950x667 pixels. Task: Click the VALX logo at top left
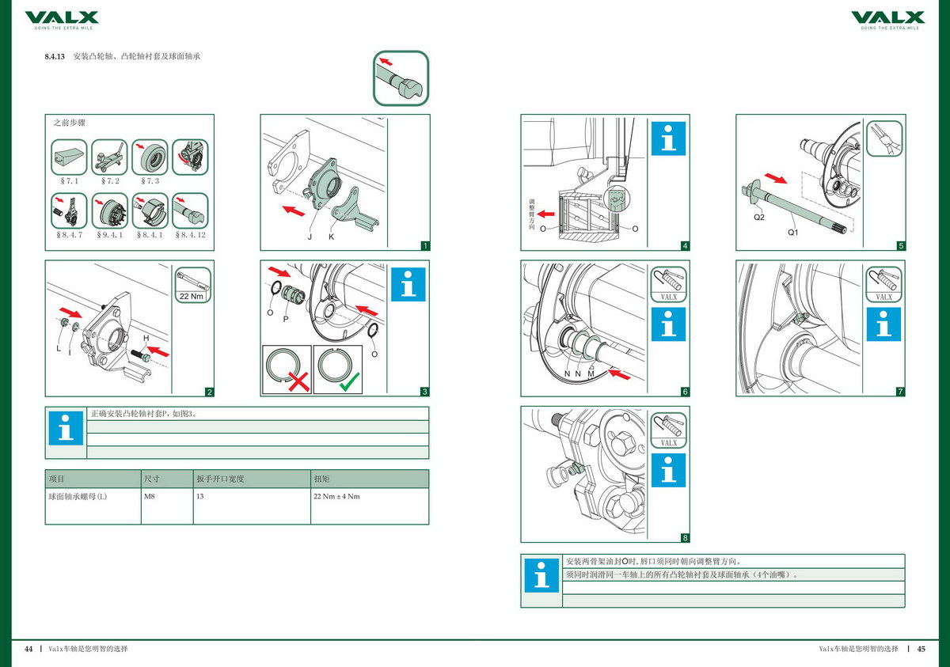click(62, 17)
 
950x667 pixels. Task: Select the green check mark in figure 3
click(348, 382)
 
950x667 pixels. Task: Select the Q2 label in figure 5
click(758, 217)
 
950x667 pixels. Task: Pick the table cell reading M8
click(150, 497)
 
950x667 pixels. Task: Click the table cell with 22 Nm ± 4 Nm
click(337, 497)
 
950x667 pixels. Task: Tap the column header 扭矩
click(321, 479)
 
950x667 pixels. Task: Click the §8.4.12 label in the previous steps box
click(189, 235)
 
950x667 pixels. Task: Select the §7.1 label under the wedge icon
click(68, 181)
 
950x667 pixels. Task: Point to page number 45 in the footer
click(921, 649)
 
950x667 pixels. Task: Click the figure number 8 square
click(685, 538)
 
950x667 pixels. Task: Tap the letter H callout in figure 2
click(146, 338)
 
